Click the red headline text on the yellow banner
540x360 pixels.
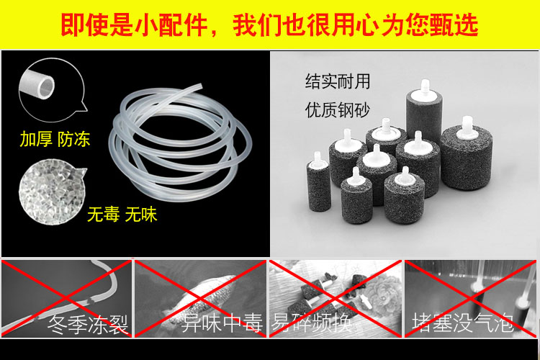point(269,24)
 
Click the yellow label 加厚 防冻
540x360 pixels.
point(55,139)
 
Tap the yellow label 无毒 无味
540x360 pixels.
point(122,215)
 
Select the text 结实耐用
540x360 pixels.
point(338,81)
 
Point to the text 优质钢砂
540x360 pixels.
point(338,110)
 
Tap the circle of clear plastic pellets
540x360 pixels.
point(52,192)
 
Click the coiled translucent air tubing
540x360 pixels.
point(180,143)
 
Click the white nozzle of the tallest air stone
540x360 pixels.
point(425,87)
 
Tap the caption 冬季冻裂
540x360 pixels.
point(88,324)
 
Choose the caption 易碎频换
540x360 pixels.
point(312,323)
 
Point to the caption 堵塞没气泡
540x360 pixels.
point(463,323)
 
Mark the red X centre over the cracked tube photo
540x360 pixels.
point(66,298)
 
